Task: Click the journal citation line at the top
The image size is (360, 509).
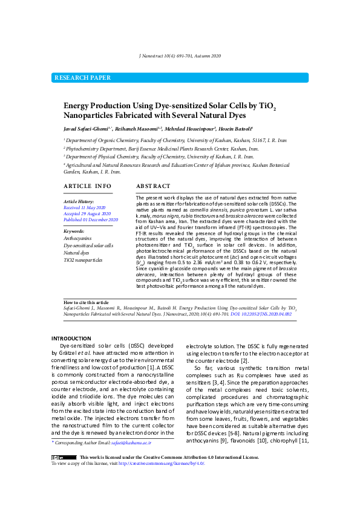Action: (180, 56)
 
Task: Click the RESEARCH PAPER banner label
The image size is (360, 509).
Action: (82, 78)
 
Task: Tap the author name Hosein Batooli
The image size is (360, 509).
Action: (235, 129)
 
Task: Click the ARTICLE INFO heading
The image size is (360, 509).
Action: (88, 186)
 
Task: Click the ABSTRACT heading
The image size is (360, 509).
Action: (153, 186)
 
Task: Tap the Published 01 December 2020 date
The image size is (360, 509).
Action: (91, 220)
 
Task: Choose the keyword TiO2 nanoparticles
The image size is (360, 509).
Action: (83, 259)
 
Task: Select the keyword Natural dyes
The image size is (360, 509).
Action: (76, 253)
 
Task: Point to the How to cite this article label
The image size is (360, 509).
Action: (87, 302)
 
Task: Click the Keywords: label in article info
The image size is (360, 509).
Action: (74, 231)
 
